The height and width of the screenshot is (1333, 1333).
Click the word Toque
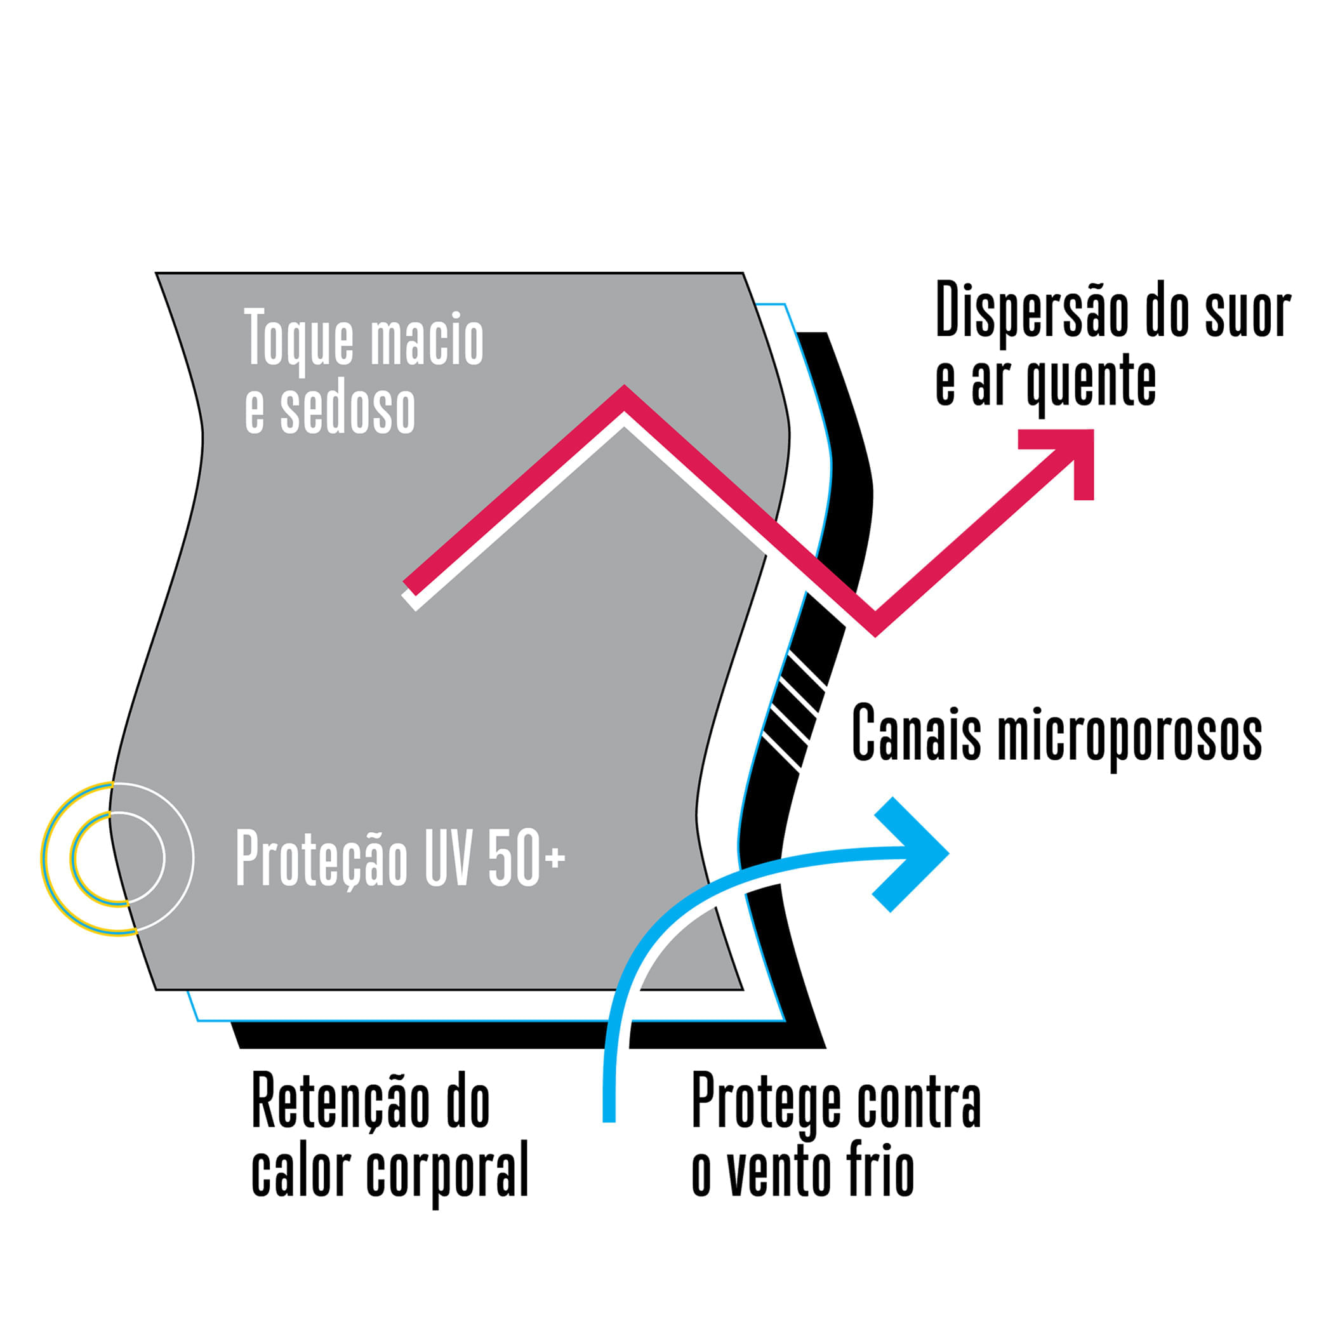pos(300,338)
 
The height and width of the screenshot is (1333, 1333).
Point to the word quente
pos(1091,383)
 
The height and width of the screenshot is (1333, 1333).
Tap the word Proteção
pos(322,858)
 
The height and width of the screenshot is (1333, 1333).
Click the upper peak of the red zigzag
pos(625,397)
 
